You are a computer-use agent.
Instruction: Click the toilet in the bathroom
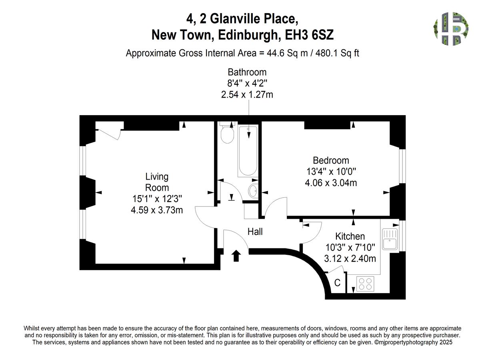[x=227, y=133]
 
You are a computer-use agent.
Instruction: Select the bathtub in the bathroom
[x=248, y=151]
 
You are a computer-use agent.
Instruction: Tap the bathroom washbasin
[x=253, y=191]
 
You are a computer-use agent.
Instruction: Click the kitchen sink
[x=390, y=239]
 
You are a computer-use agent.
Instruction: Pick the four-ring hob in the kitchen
[x=365, y=284]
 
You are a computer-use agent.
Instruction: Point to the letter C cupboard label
[x=337, y=283]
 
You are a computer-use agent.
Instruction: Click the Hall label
[x=255, y=232]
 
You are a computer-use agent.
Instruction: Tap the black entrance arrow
[x=236, y=256]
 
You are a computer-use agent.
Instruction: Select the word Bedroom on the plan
[x=331, y=160]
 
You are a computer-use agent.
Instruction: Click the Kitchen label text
[x=350, y=236]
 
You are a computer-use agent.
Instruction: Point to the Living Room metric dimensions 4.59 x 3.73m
[x=157, y=210]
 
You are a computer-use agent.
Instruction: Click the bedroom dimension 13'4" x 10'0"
[x=331, y=171]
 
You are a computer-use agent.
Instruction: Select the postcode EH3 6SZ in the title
[x=309, y=35]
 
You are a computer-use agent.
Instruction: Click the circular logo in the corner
[x=451, y=29]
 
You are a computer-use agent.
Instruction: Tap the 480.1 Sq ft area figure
[x=337, y=53]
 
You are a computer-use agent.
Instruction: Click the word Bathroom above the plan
[x=247, y=72]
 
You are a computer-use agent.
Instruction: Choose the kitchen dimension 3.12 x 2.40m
[x=350, y=259]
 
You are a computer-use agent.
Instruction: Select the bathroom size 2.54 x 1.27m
[x=247, y=95]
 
